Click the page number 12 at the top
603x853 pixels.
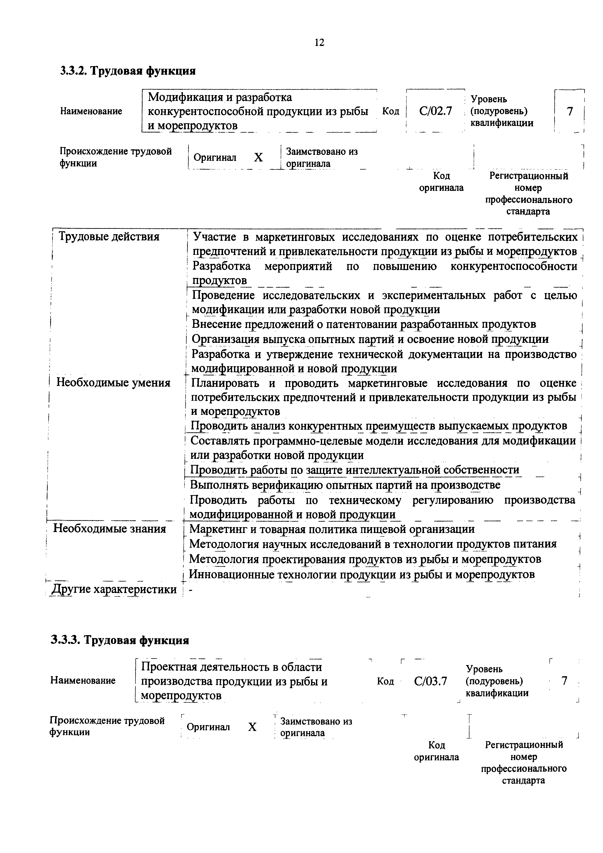tap(319, 43)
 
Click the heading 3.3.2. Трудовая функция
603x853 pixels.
tap(128, 70)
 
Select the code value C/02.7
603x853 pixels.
tap(435, 111)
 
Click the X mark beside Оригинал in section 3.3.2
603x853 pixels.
tap(259, 158)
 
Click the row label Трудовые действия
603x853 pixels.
tap(109, 237)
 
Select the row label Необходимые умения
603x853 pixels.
tap(113, 383)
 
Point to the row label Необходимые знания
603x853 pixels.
tap(110, 528)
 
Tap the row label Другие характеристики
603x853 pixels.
tap(114, 589)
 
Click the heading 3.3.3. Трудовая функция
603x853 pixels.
tap(120, 640)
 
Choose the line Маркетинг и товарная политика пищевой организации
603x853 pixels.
tap(332, 529)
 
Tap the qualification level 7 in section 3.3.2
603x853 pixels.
tap(570, 111)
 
